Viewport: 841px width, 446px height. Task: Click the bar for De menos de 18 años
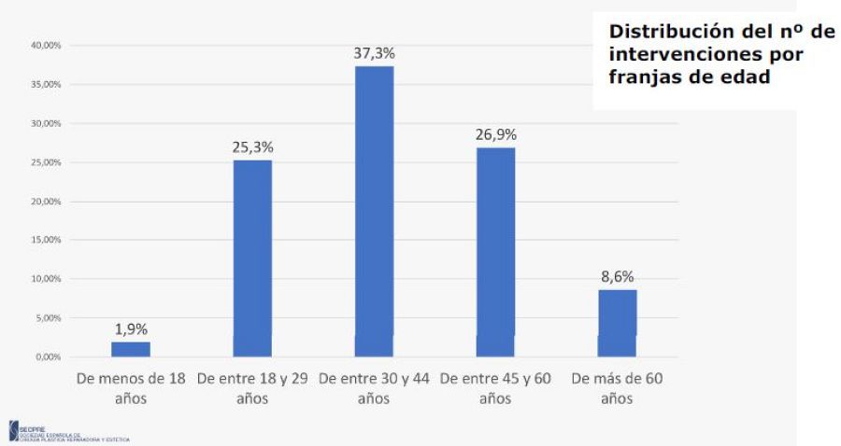131,349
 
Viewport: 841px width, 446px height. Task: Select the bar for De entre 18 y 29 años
252,258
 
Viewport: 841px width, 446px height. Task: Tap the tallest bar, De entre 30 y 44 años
374,211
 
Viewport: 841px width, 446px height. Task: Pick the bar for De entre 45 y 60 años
495,252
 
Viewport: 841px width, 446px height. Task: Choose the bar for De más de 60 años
617,323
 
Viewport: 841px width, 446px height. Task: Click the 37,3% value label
374,54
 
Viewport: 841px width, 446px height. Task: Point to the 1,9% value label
131,329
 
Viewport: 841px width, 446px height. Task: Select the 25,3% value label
252,147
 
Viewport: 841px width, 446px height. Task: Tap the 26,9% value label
495,134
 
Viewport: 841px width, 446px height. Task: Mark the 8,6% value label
617,277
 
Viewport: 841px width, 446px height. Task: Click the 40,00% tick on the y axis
46,45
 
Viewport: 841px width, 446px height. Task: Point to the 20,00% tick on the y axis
46,201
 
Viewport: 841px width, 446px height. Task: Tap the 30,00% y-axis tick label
46,123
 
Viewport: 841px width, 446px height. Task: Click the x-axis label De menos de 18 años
131,388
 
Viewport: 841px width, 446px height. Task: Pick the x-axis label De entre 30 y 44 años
374,388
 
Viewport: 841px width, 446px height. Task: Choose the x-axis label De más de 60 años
617,388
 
